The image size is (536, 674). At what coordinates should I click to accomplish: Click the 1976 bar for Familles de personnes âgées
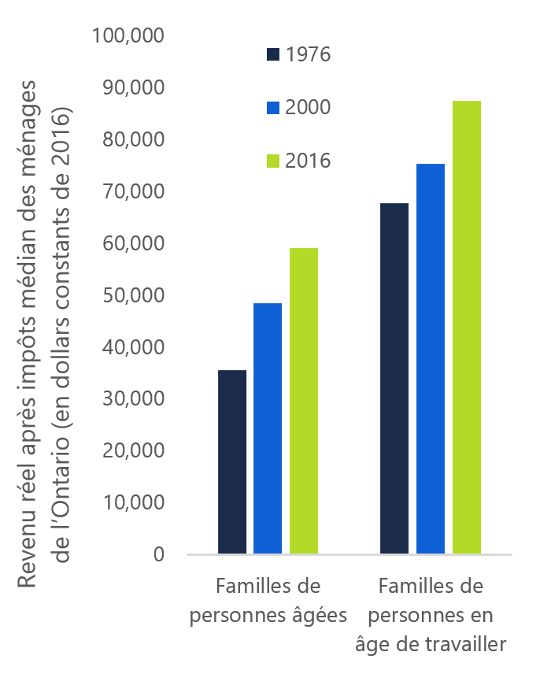(x=231, y=461)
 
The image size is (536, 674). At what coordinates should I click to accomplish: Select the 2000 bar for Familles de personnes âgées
(x=268, y=428)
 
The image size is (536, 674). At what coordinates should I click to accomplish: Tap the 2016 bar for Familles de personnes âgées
(x=304, y=401)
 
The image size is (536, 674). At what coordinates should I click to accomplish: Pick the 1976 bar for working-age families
(x=394, y=378)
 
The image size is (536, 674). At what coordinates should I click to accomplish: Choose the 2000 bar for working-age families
(x=431, y=358)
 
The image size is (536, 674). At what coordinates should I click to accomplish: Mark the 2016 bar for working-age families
(x=467, y=327)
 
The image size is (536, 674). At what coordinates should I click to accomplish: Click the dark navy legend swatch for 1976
(x=273, y=54)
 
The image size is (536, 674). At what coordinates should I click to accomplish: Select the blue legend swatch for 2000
(x=273, y=108)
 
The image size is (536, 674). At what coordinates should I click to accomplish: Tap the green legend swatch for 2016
(x=273, y=161)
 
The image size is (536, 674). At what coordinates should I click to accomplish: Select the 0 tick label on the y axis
(x=158, y=554)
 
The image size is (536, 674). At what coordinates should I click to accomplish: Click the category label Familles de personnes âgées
(x=269, y=601)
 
